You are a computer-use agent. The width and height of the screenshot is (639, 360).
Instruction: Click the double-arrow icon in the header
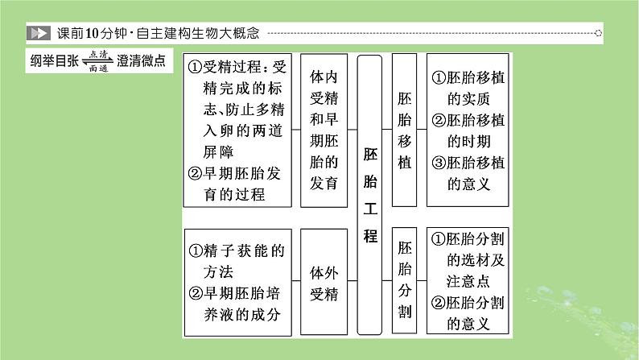pos(39,33)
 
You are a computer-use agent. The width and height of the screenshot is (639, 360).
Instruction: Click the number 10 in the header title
pos(93,33)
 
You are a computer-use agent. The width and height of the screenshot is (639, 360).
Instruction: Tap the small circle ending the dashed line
pos(598,33)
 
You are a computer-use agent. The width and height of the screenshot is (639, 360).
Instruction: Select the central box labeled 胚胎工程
pos(369,195)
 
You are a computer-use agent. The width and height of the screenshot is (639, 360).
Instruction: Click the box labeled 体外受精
pos(324,282)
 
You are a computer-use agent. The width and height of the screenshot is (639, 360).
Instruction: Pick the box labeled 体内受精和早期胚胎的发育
pos(324,130)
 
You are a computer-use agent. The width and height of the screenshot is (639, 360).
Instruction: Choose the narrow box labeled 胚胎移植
pos(404,130)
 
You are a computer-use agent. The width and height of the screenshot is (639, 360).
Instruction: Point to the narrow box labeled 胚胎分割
pos(404,280)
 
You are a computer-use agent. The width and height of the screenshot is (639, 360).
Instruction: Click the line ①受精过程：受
pos(237,67)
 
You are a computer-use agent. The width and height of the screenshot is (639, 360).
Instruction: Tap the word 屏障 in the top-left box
pos(218,152)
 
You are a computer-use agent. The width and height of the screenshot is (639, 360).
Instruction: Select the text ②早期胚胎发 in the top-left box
pos(234,174)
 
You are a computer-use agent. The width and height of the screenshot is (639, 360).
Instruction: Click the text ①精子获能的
pos(237,250)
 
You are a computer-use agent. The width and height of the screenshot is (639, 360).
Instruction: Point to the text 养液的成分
pos(242,314)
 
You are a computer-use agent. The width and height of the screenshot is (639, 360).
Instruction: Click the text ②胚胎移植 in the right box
pos(468,120)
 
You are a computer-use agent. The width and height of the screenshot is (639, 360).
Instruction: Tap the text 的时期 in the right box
pos(468,142)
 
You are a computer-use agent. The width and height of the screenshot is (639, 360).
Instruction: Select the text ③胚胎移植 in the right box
pos(468,163)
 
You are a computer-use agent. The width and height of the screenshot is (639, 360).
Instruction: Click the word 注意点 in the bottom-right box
pos(468,281)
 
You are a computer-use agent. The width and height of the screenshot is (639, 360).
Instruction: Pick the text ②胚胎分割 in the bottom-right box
pos(468,303)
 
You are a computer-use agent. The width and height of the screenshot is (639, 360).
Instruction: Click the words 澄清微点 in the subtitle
pos(141,60)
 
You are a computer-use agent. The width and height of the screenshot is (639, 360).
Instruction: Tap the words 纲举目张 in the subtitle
pos(54,60)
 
